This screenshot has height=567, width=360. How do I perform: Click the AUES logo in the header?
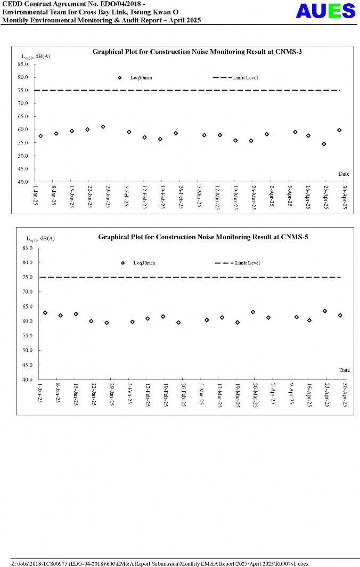pyautogui.click(x=325, y=11)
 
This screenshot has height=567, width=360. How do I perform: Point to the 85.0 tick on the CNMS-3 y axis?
pyautogui.click(x=23, y=64)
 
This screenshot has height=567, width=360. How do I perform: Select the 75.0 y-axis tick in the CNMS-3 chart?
pyautogui.click(x=23, y=90)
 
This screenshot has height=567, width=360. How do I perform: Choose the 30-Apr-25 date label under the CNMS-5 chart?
pyautogui.click(x=345, y=395)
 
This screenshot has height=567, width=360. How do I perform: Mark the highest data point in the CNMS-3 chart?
pyautogui.click(x=103, y=127)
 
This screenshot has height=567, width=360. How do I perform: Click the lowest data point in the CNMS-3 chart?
pyautogui.click(x=324, y=144)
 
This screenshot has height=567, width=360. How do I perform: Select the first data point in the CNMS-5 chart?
pyautogui.click(x=45, y=313)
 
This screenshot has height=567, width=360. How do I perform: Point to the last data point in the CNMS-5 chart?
pyautogui.click(x=340, y=315)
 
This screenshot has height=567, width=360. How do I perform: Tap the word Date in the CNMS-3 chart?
pyautogui.click(x=343, y=174)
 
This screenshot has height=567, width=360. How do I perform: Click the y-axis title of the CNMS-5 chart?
pyautogui.click(x=40, y=238)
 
